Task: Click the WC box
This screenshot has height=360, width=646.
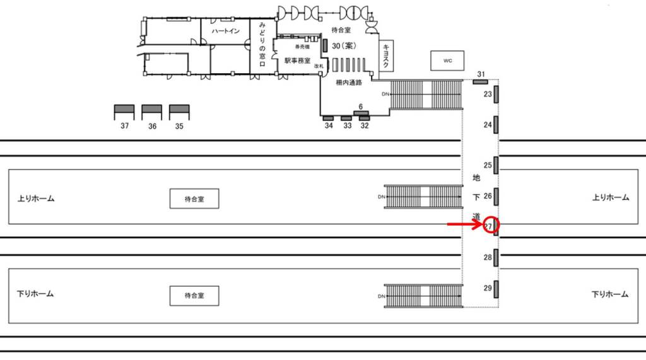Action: coord(447,61)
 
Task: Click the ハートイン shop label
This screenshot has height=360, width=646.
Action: coord(225,31)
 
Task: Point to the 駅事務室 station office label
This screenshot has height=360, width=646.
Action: coord(297,61)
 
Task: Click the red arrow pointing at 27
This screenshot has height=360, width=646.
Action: coord(464,224)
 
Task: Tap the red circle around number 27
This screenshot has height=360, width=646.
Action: coord(491,225)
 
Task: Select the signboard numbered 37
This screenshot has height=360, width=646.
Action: coord(124,110)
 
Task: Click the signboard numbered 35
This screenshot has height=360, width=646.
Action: coord(179,110)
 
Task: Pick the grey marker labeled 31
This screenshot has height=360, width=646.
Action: coord(481,81)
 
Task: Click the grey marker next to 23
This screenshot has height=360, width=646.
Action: coord(496,94)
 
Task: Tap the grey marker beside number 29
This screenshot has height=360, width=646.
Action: coord(496,288)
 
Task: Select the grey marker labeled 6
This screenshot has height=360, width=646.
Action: coord(361,113)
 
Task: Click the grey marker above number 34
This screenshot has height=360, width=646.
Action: coord(328,118)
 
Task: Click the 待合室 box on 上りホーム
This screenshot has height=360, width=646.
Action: coord(194,199)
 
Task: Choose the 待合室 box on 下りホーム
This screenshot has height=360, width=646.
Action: coord(194,295)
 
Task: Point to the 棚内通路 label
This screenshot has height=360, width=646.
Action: coord(349,83)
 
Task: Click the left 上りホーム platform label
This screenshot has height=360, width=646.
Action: coord(36,199)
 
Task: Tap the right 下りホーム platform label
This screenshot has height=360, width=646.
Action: coord(610,294)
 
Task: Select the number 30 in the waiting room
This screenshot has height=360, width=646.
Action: coord(337,45)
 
